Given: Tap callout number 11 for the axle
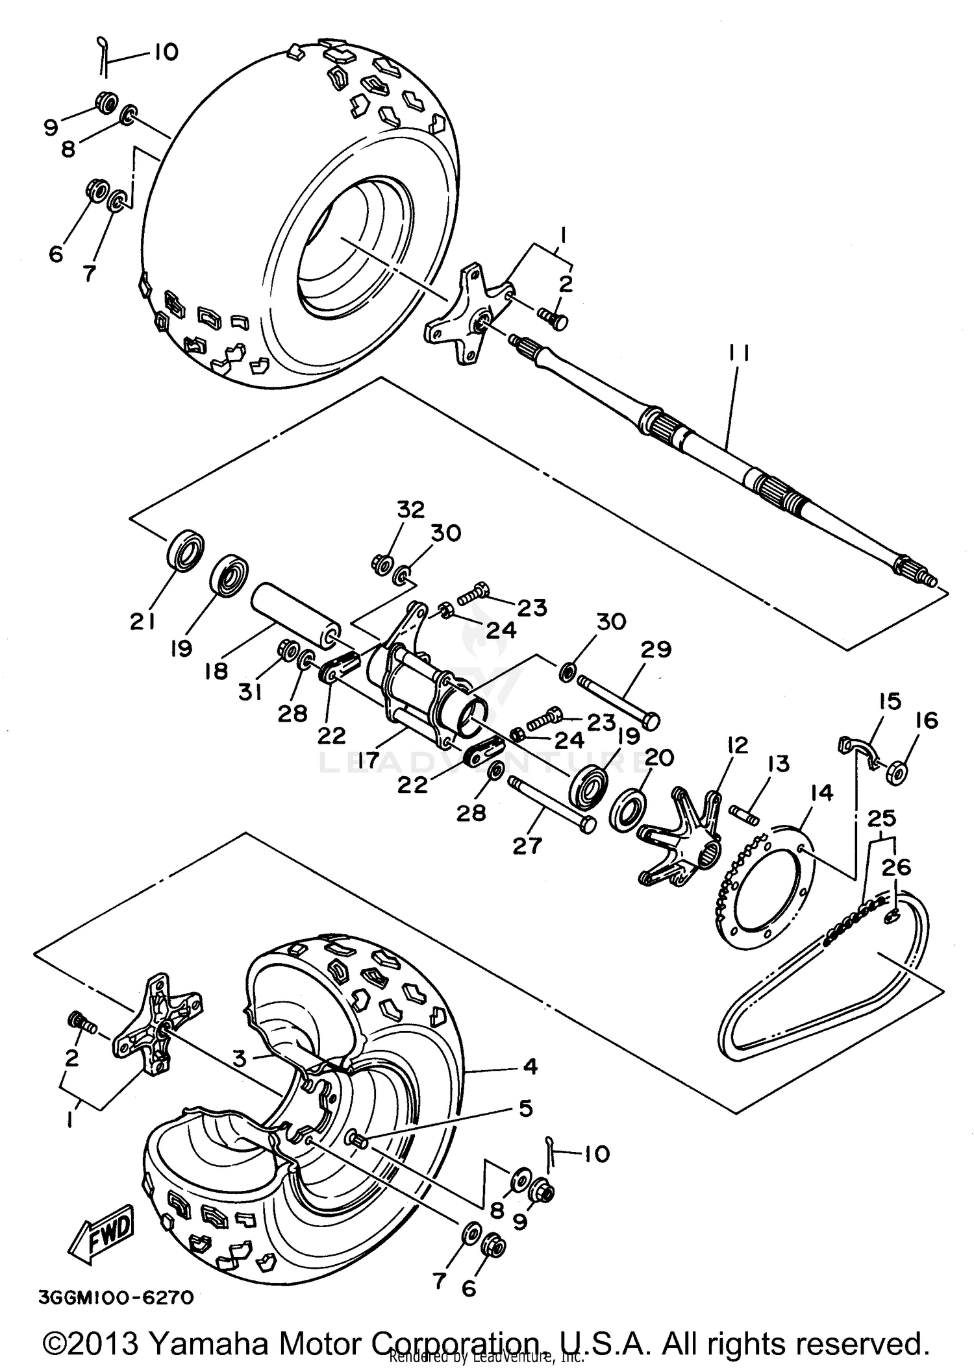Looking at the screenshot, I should tap(738, 354).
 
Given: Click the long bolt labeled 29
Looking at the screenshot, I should tap(618, 702).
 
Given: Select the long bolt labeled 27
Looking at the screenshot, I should tap(553, 800).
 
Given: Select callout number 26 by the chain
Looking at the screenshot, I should tap(896, 868).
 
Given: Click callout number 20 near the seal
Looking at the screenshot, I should tap(660, 757).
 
